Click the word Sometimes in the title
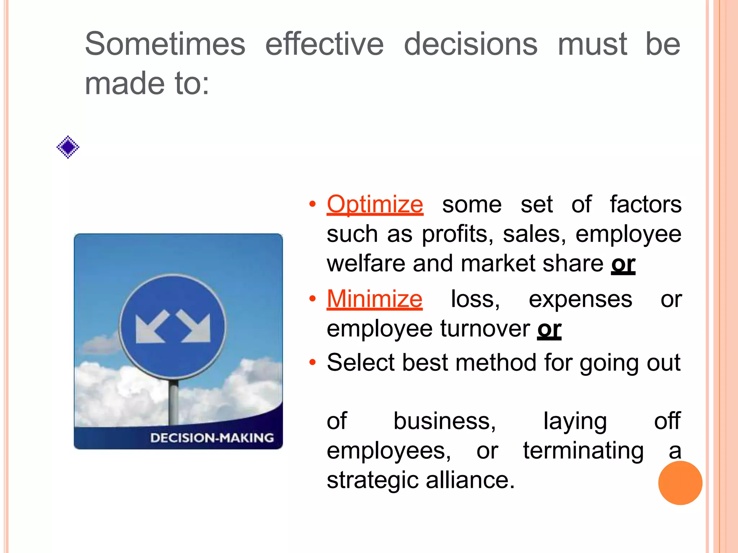[x=165, y=44]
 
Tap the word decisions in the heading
[x=471, y=44]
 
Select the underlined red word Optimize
[x=375, y=204]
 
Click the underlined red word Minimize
[x=374, y=299]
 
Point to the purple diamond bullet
[x=68, y=147]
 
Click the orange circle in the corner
[x=680, y=483]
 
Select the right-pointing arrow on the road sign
[x=195, y=326]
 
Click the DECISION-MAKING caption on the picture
[x=212, y=438]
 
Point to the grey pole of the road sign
[x=173, y=403]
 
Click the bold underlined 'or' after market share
[x=623, y=264]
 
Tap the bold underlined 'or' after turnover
[x=549, y=329]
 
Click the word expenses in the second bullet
[x=580, y=299]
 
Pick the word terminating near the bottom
[x=583, y=451]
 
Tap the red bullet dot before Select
[x=312, y=362]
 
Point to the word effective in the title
[x=324, y=44]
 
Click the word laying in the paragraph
[x=575, y=421]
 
